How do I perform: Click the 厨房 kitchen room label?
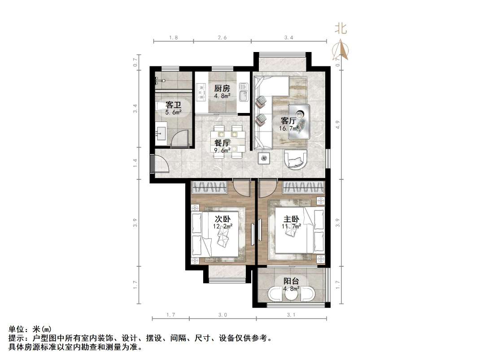(222, 88)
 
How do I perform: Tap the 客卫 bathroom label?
(173, 105)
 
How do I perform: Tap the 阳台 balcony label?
(291, 281)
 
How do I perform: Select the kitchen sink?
(243, 95)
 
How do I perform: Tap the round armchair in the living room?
(296, 159)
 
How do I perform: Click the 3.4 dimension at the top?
(288, 38)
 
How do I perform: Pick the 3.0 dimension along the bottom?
(223, 315)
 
